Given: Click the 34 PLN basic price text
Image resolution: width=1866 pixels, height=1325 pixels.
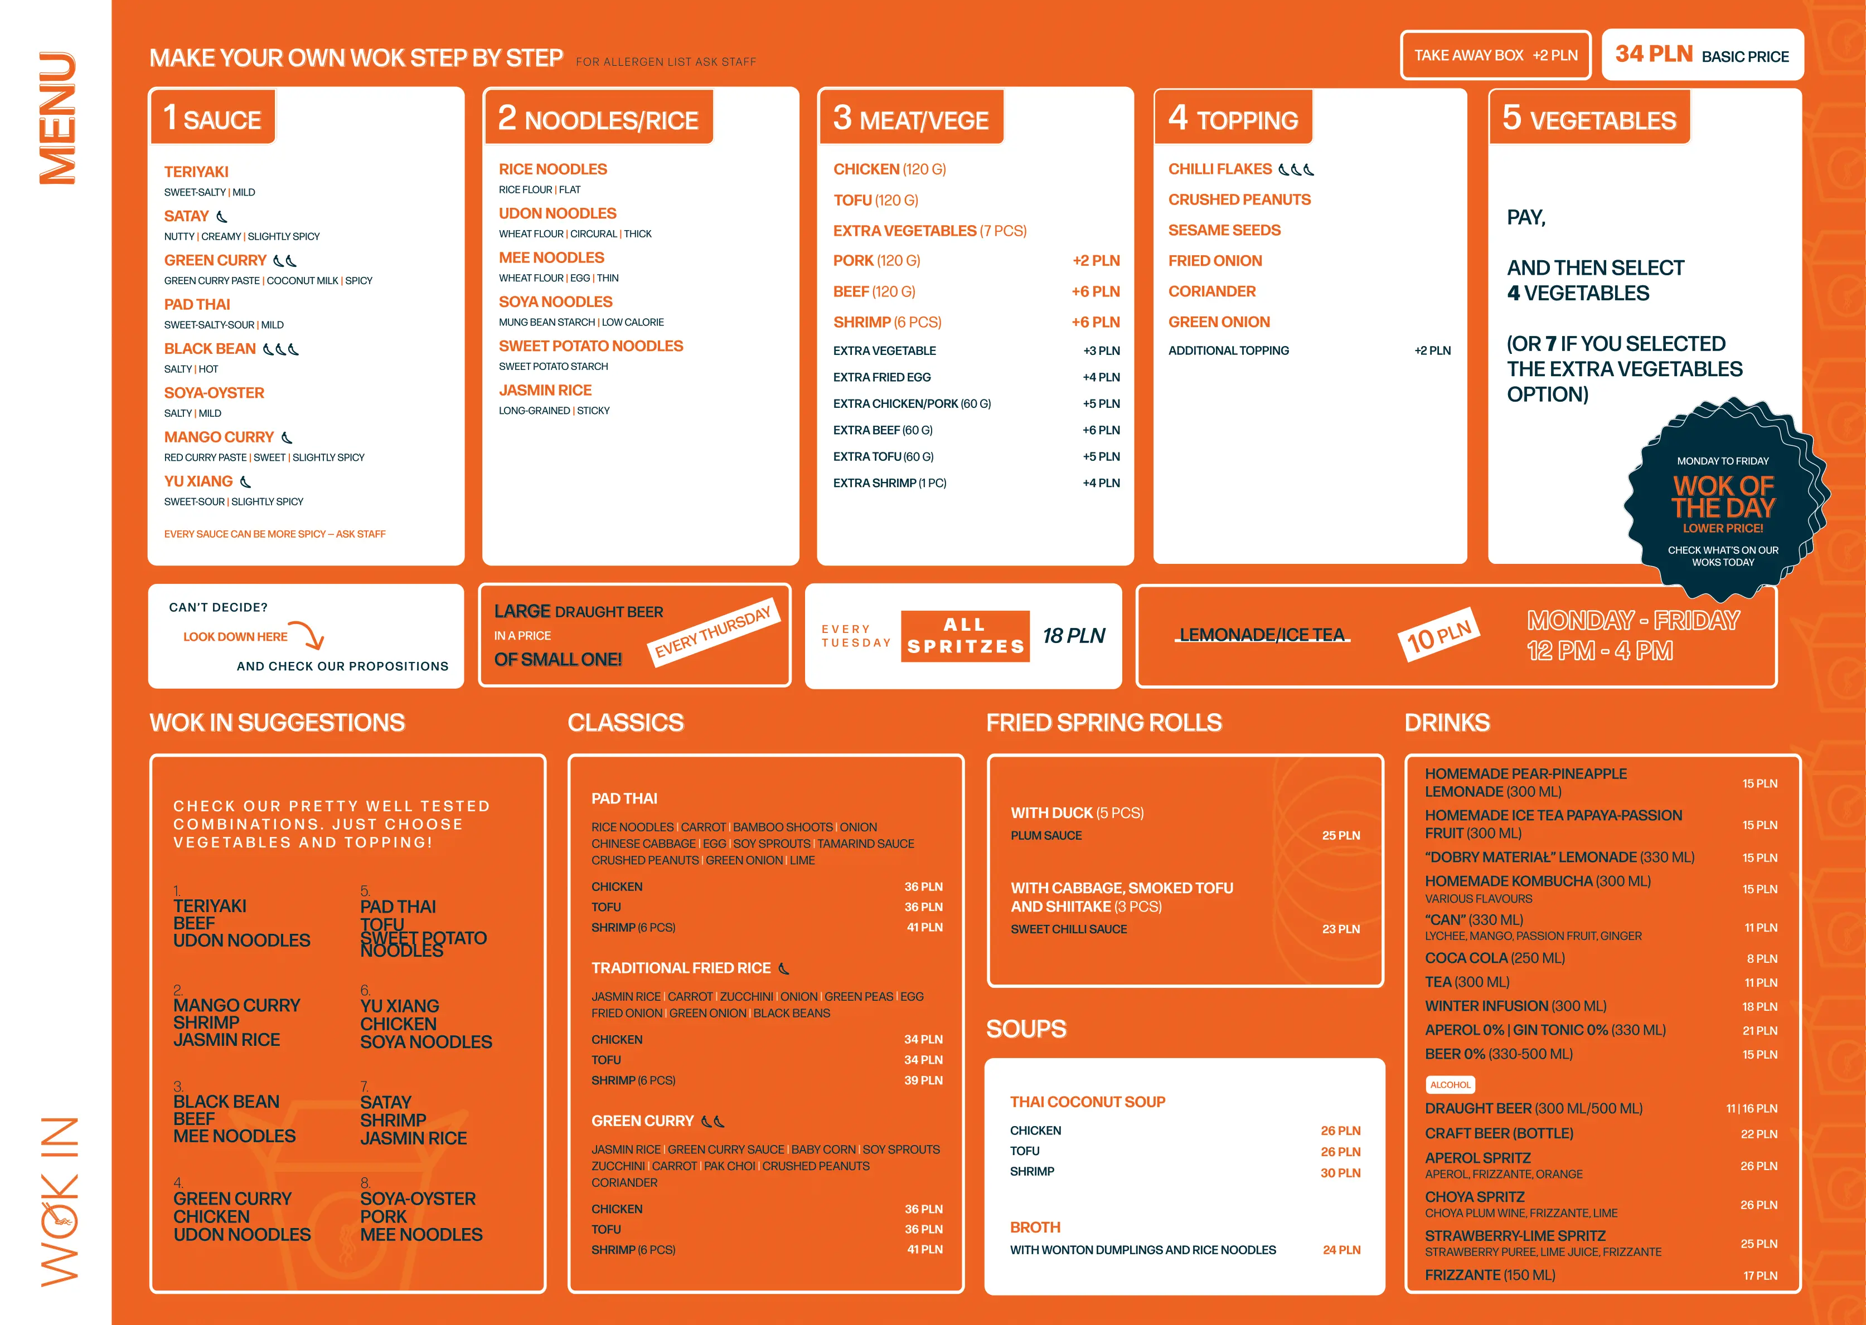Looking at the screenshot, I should (x=1654, y=55).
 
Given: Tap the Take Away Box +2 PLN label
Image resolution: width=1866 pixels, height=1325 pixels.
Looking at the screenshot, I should (x=1495, y=56).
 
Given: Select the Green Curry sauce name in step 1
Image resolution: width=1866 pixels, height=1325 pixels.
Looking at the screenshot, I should (x=216, y=260).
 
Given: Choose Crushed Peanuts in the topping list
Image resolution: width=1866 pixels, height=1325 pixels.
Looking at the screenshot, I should (x=1239, y=200).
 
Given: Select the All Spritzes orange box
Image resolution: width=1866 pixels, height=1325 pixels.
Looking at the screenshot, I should (x=965, y=636).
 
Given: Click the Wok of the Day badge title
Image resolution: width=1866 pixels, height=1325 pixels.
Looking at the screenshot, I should (x=1722, y=497).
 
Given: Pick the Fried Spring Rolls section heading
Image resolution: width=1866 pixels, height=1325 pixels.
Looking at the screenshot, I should (x=1104, y=723).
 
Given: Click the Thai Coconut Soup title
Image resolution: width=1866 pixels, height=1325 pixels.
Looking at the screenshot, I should (x=1087, y=1102).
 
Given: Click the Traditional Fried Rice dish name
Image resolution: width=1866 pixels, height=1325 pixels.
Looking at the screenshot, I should (x=681, y=968).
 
